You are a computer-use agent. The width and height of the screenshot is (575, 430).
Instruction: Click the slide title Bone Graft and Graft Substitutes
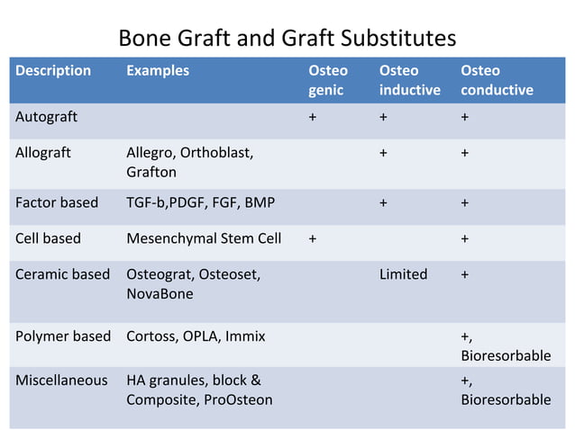click(x=287, y=39)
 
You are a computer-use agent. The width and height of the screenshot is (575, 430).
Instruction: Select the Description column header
click(x=53, y=70)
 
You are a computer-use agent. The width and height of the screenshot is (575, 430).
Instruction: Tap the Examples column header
click(x=158, y=70)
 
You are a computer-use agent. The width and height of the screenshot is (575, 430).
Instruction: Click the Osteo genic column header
click(x=328, y=79)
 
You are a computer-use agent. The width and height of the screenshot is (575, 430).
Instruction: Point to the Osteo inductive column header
click(x=409, y=79)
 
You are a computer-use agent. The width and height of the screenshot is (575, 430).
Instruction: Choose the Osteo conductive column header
click(x=497, y=79)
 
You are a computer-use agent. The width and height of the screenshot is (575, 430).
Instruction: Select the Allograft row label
click(x=43, y=152)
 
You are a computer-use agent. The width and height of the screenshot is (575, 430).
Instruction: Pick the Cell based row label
click(x=48, y=238)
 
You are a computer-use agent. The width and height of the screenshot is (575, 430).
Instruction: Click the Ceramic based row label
click(x=62, y=274)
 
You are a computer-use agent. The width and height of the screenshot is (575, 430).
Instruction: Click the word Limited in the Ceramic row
click(x=403, y=274)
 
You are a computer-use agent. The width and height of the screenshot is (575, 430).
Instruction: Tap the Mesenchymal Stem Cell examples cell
click(x=204, y=238)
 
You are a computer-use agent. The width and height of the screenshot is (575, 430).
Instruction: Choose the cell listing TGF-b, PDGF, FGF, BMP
click(x=200, y=202)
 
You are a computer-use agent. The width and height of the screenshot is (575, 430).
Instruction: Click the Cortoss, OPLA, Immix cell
click(x=196, y=336)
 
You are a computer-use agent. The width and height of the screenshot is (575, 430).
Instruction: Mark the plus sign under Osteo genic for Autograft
click(x=313, y=117)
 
